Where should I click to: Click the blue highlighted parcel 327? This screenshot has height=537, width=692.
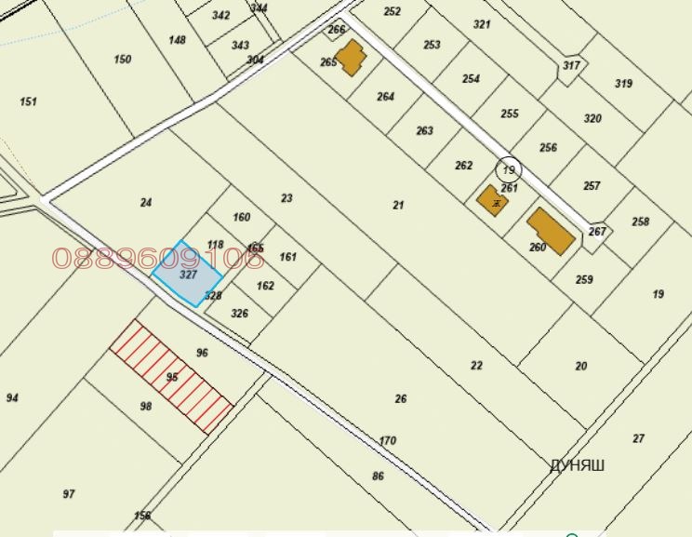click(x=187, y=275)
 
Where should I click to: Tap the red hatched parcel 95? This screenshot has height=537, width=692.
click(x=171, y=376)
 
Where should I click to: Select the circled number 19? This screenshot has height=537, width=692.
click(x=508, y=169)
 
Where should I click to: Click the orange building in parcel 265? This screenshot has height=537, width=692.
click(x=351, y=58)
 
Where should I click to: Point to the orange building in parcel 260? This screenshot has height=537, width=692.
click(x=551, y=232)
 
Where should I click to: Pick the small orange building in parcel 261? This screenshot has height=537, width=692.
click(x=492, y=200)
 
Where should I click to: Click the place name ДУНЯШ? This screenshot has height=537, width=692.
click(x=577, y=465)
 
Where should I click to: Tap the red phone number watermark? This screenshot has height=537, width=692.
click(x=158, y=258)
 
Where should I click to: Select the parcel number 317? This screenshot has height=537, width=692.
click(x=571, y=65)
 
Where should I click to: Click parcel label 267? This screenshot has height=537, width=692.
click(x=597, y=232)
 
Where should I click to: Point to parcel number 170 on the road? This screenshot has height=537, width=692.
click(x=388, y=441)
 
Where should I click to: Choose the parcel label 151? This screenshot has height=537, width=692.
click(x=29, y=101)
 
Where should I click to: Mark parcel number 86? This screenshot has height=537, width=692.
click(x=378, y=477)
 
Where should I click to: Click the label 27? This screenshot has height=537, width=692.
click(x=638, y=438)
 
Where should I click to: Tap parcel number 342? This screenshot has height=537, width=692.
click(x=220, y=16)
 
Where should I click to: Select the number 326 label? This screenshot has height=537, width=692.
click(x=239, y=314)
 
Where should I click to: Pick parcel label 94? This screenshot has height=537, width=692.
click(x=12, y=398)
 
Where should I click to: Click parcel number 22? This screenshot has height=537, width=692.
click(x=476, y=366)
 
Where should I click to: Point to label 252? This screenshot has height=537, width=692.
click(x=392, y=12)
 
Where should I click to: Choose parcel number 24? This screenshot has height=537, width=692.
click(x=145, y=203)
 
